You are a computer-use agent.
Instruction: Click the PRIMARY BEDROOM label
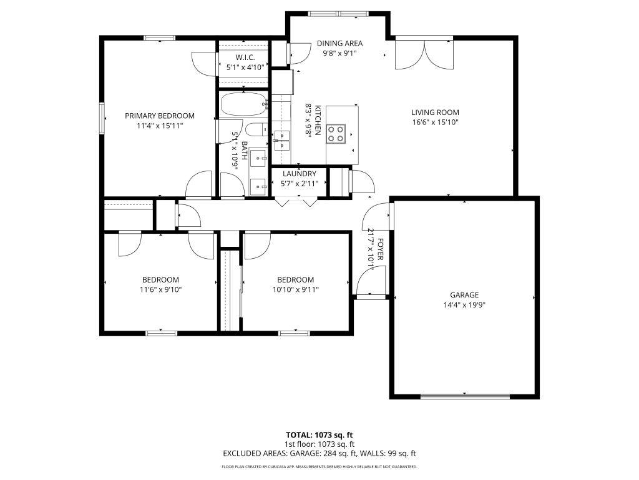159,116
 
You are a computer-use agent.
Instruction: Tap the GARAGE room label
464,295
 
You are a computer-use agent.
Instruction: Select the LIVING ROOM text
435,112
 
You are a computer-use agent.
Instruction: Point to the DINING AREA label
339,44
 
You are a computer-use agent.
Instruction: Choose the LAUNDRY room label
300,174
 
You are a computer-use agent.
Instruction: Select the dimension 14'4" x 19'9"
464,305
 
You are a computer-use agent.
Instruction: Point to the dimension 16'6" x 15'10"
435,122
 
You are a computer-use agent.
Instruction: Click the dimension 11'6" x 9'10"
160,289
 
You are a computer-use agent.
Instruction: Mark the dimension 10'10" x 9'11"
295,289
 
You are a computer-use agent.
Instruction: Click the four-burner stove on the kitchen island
336,134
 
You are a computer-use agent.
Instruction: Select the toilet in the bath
256,130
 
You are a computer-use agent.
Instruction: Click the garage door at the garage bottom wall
465,396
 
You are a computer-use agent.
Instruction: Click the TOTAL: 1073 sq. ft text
319,435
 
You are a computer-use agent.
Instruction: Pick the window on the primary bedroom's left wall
102,117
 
